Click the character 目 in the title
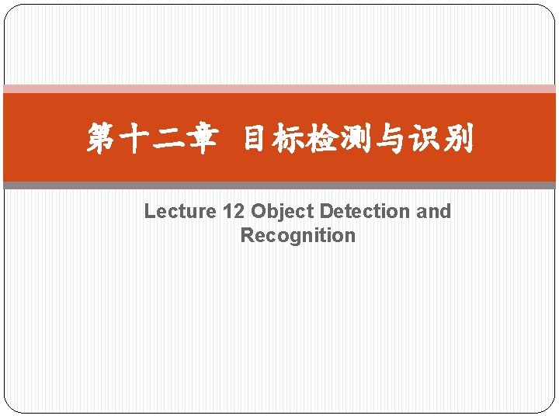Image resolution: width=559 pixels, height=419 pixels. click(x=256, y=140)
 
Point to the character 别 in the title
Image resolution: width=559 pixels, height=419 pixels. click(x=457, y=140)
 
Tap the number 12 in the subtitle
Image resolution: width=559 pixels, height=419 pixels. click(x=234, y=211)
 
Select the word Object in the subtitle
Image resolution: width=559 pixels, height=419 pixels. click(x=282, y=211)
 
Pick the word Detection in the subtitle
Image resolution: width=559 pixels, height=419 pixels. click(x=364, y=211)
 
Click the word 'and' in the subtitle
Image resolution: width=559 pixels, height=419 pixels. click(x=433, y=211)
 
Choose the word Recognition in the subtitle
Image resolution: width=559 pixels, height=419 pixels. click(x=298, y=235)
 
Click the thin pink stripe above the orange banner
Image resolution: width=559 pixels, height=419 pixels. click(x=279, y=89)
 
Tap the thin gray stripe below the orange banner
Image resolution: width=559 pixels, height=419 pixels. click(x=279, y=185)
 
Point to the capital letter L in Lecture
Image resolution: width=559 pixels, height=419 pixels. click(x=150, y=211)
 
